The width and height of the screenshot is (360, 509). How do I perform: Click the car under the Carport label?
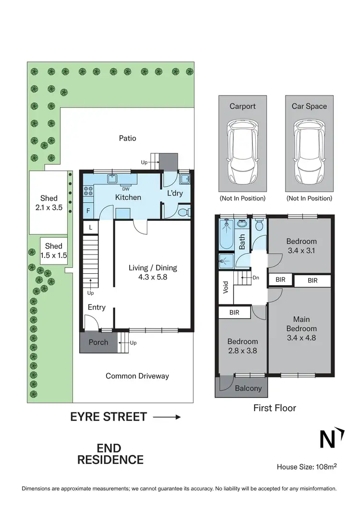tap(242, 152)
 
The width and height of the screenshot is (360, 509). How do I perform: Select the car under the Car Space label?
tap(309, 152)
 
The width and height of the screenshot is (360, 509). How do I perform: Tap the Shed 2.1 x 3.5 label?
tap(49, 203)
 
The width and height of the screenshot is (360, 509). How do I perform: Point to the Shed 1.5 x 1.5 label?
tap(54, 251)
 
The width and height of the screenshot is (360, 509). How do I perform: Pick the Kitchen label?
tap(128, 197)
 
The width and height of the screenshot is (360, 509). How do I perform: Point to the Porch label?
tap(98, 342)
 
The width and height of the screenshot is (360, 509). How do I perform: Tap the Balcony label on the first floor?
tap(249, 388)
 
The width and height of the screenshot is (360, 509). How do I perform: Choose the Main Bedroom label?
tap(301, 328)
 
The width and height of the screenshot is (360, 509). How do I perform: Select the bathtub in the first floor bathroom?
tap(225, 235)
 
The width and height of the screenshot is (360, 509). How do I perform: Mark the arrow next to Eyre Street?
tap(167, 417)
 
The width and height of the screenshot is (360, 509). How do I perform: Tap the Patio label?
tap(128, 138)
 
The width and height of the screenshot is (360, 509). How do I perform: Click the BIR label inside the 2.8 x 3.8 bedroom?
tap(234, 313)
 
